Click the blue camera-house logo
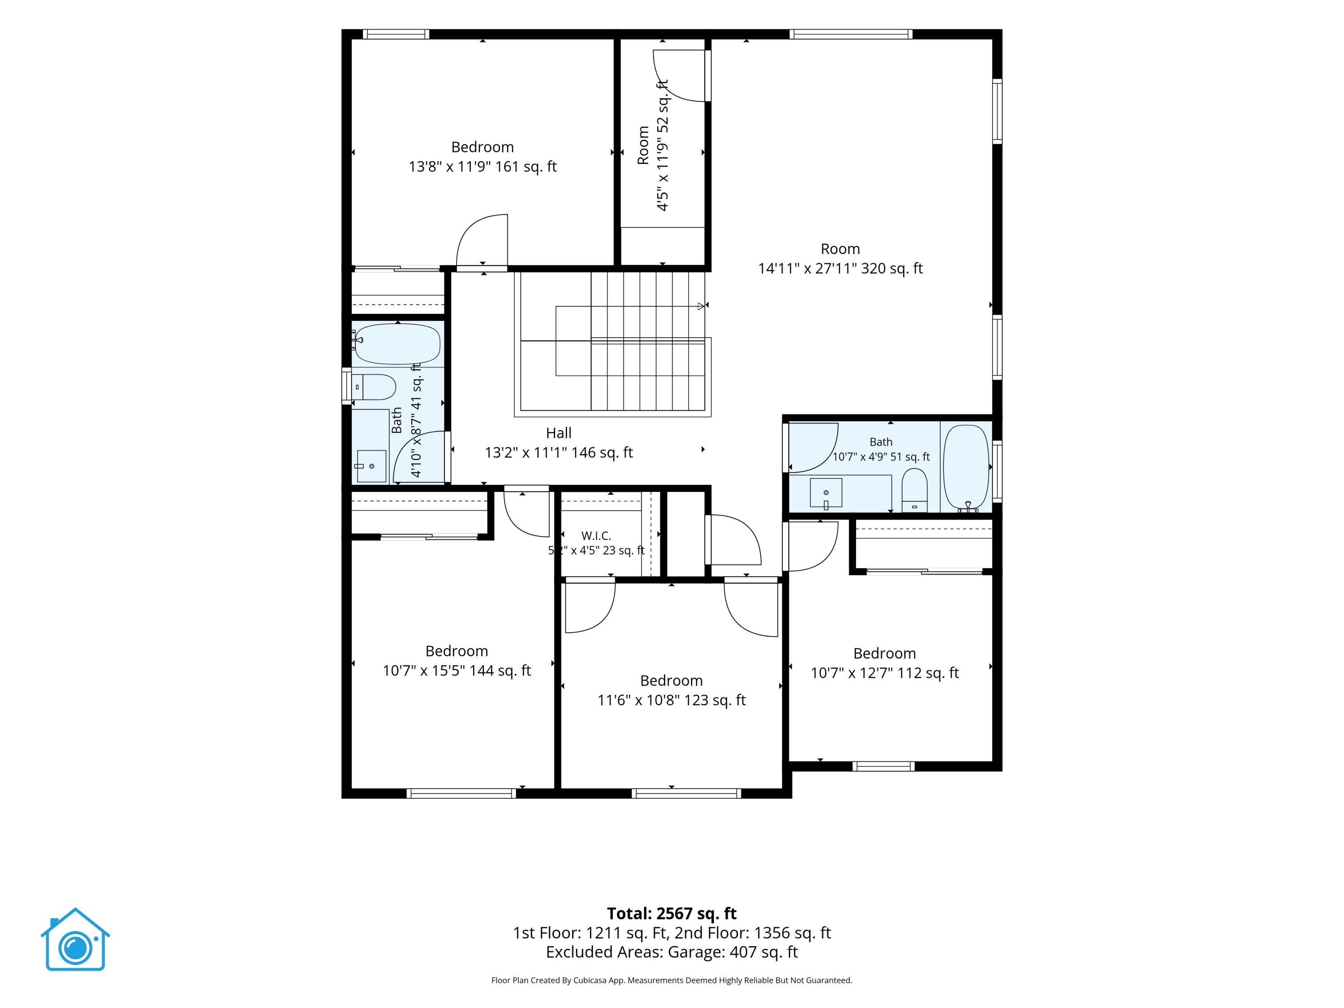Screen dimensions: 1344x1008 click(75, 939)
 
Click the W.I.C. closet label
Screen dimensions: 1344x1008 click(596, 536)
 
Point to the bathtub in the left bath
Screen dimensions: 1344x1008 click(397, 344)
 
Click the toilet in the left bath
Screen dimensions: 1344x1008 click(374, 387)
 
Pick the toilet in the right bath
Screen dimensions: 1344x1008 click(914, 490)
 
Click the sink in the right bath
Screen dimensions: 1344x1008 click(826, 493)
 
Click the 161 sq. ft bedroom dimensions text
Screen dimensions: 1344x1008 click(482, 167)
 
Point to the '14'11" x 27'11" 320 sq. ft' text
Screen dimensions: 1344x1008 click(840, 268)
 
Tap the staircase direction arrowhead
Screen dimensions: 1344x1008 click(701, 306)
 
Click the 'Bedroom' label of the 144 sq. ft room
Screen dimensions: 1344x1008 click(457, 651)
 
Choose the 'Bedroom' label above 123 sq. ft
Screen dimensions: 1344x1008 click(672, 681)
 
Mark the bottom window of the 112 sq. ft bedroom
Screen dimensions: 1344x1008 click(883, 766)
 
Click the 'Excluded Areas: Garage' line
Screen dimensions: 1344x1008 click(672, 952)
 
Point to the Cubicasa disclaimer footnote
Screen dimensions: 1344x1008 click(672, 980)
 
